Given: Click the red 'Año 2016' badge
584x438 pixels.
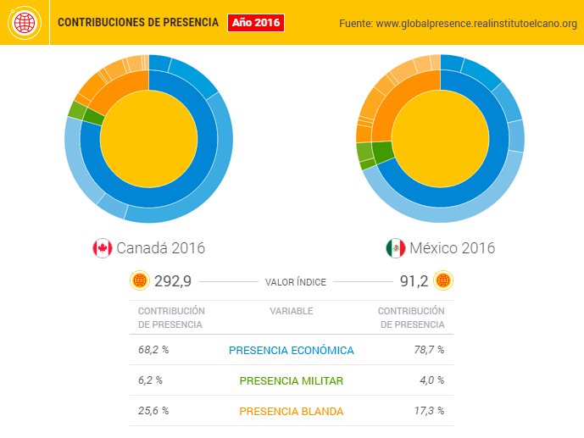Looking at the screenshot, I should pos(255,23).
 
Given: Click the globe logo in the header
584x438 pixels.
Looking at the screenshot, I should pos(24,23).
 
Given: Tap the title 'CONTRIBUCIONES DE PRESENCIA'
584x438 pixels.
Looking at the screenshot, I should pos(137,23).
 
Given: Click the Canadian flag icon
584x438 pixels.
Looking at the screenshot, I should pos(102,248).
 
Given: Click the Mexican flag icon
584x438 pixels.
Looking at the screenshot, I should pos(395,248).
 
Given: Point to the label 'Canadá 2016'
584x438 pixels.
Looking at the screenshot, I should pos(160,248).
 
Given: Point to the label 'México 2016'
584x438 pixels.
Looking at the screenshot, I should pos(452,248).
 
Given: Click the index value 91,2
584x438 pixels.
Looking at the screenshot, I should pos(413,281).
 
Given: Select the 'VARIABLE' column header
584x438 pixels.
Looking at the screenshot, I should pos(292,311).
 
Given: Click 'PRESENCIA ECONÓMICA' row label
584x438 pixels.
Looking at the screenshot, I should pos(292,350).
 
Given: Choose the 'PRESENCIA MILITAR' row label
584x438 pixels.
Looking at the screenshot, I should pos(292,380).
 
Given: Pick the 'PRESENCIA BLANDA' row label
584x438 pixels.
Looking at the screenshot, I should pos(292,411).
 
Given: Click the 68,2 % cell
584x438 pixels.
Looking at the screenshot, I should pos(153,350).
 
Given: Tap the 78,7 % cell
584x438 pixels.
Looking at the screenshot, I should pos(429,350).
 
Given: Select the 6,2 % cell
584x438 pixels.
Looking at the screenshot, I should pos(151,380).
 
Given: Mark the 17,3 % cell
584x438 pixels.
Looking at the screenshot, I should pos(429,411).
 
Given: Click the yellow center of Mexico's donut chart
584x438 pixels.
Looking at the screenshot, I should pos(440,139).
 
